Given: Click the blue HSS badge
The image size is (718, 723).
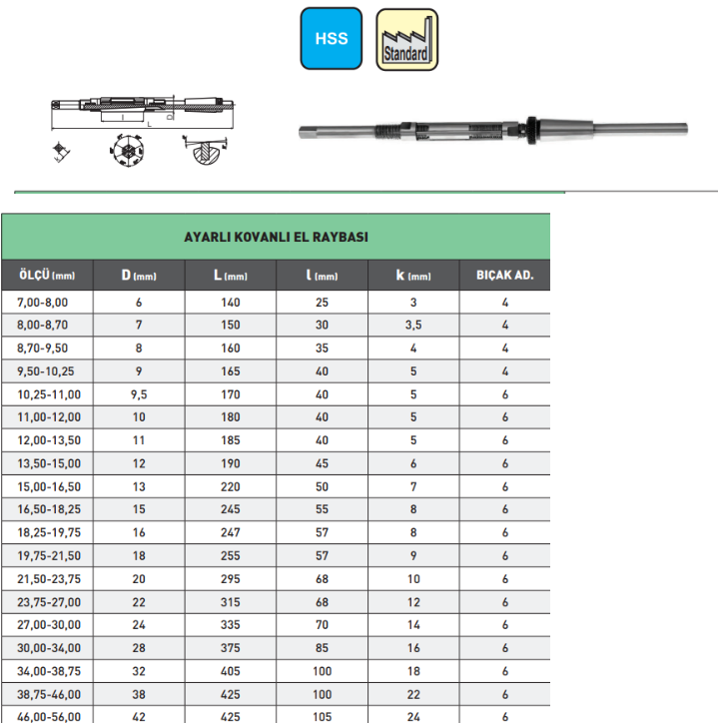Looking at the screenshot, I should (x=332, y=39).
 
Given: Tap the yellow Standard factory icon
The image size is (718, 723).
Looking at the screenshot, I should (x=405, y=40).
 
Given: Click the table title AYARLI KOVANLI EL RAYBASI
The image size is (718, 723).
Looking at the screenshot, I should (x=276, y=238).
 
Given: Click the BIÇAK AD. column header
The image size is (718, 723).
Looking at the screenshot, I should (x=505, y=275).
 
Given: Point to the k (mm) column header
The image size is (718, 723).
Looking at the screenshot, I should (x=413, y=275).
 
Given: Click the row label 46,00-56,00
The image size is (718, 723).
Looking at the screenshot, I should (x=48, y=715).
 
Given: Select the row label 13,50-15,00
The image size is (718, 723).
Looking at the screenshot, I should (x=48, y=463).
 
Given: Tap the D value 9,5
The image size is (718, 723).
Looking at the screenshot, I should (x=140, y=394).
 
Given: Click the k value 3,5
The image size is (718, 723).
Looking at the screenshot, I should (x=413, y=325).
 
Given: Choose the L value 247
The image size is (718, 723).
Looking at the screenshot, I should (x=231, y=532).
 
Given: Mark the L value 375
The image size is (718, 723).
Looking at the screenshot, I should (x=231, y=646).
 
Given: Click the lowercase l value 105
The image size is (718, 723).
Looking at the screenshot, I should (x=322, y=715).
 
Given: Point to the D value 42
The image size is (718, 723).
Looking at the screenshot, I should (x=140, y=715).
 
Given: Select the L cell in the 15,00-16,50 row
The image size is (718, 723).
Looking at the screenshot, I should (x=231, y=486).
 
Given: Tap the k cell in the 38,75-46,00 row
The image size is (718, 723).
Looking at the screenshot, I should (x=413, y=692).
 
